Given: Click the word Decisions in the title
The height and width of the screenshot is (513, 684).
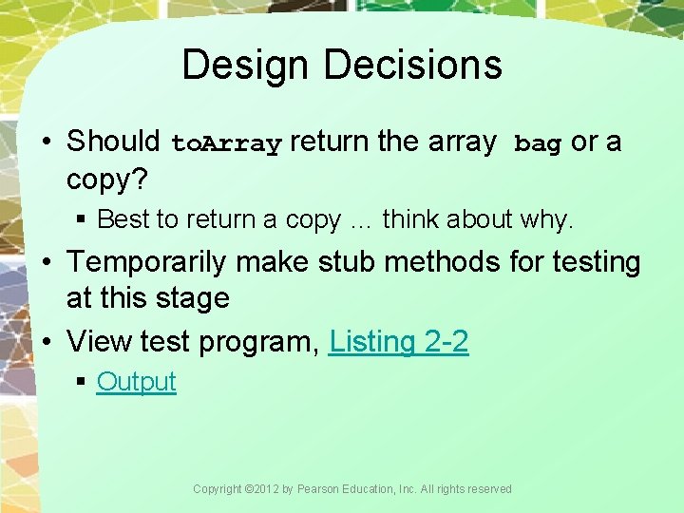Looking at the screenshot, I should click(412, 65).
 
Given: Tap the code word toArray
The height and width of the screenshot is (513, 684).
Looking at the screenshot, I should click(226, 144).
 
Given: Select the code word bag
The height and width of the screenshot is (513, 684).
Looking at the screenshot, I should click(538, 144).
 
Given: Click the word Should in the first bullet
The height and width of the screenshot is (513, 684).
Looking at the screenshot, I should click(113, 142).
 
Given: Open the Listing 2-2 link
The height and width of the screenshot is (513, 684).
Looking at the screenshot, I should click(398, 341).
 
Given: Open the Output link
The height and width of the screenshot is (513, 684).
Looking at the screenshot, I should click(136, 382).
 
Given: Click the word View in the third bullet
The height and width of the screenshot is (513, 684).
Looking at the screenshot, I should click(99, 341).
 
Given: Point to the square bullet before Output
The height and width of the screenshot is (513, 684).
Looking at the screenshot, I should click(82, 382).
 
